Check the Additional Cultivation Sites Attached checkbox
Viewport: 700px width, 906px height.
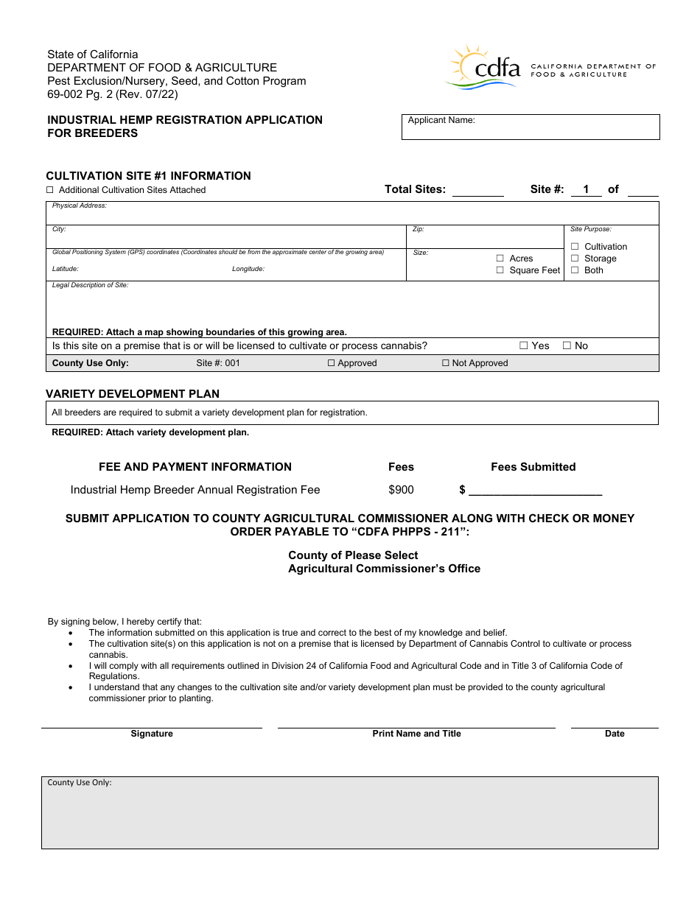click(x=50, y=190)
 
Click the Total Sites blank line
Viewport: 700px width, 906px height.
click(x=477, y=190)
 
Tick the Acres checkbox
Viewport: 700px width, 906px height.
click(x=500, y=259)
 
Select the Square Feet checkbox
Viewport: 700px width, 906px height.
click(x=500, y=270)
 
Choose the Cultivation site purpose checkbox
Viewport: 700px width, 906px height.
click(x=575, y=247)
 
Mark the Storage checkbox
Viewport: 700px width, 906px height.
click(x=575, y=259)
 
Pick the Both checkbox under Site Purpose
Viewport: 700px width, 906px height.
click(x=575, y=270)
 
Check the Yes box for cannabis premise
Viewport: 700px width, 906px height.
click(x=524, y=345)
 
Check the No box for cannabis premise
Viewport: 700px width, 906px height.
click(x=567, y=345)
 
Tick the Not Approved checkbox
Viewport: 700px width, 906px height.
click(x=446, y=363)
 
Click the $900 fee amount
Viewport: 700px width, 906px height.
click(x=401, y=490)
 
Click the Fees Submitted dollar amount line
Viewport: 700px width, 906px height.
click(x=535, y=491)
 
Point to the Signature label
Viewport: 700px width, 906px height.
click(x=152, y=734)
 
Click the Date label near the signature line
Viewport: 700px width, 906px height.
click(x=615, y=734)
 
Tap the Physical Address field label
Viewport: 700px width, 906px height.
click(x=80, y=206)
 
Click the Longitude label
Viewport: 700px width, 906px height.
click(x=248, y=269)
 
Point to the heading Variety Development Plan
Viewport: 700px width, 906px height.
click(x=133, y=394)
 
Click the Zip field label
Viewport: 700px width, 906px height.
click(x=418, y=229)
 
